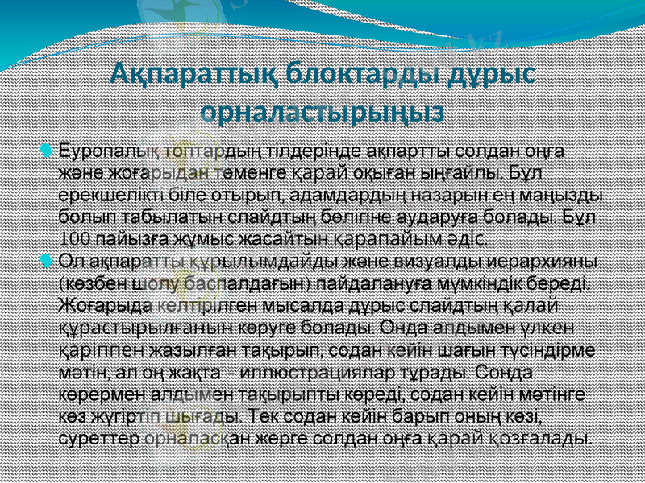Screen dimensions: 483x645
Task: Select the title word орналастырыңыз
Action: (x=322, y=110)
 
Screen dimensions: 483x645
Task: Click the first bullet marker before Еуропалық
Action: (x=46, y=151)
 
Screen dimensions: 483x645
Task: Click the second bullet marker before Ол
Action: (x=46, y=260)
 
